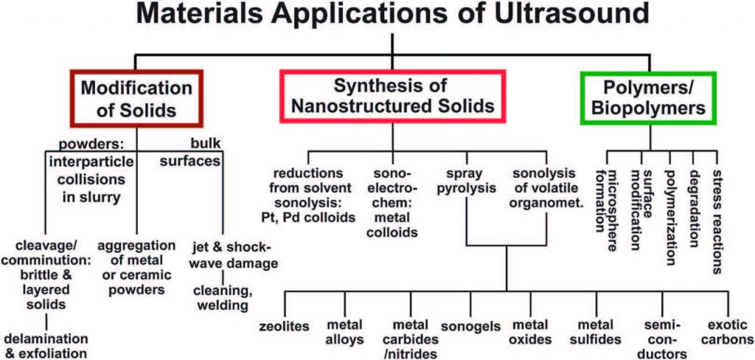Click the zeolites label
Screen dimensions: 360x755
pyautogui.click(x=284, y=326)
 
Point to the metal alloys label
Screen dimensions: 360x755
pyautogui.click(x=345, y=332)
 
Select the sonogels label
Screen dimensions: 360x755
pyautogui.click(x=470, y=326)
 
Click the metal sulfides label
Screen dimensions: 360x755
pyautogui.click(x=594, y=332)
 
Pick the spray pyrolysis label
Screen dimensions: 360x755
pyautogui.click(x=465, y=181)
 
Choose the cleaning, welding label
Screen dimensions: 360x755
pyautogui.click(x=222, y=298)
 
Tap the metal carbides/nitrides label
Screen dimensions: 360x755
pyautogui.click(x=411, y=339)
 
